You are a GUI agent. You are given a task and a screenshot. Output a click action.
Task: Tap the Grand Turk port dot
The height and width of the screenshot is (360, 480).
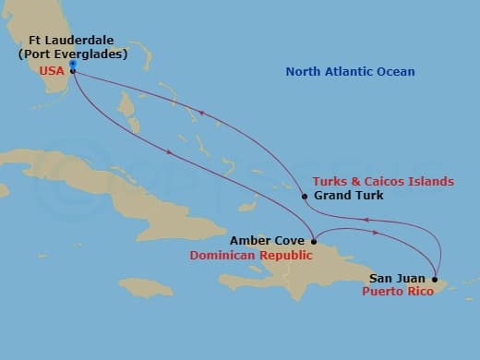304,196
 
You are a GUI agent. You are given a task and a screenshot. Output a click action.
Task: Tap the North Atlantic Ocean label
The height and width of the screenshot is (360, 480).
350,72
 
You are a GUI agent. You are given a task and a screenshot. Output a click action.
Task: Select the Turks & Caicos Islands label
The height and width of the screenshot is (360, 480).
383,181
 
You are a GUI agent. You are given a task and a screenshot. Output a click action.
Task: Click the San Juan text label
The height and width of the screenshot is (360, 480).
398,277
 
